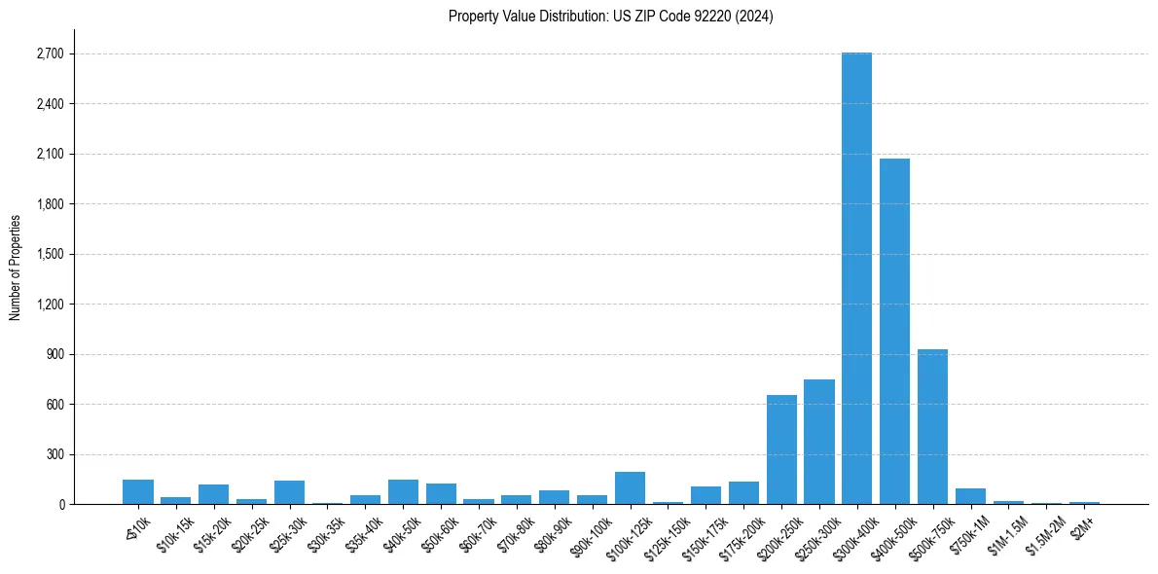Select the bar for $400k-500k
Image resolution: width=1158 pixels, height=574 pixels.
pos(894,331)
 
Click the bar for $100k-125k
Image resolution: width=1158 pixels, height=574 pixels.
pos(630,487)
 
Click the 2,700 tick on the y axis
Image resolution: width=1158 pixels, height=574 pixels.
pos(48,54)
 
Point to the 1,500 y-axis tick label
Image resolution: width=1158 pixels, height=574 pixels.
pos(48,255)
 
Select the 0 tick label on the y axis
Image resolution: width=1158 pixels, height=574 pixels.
pos(60,505)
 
